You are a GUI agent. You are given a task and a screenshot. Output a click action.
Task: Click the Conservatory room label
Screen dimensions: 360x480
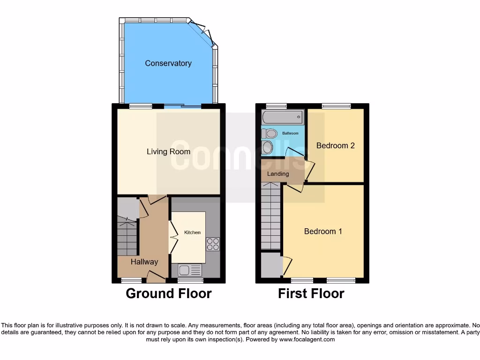(x=168, y=63)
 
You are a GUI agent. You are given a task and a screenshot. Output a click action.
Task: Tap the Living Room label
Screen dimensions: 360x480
(x=168, y=151)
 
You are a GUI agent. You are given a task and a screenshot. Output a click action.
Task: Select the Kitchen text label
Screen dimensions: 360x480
(x=192, y=232)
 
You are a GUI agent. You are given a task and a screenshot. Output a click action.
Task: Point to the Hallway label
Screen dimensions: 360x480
(x=144, y=262)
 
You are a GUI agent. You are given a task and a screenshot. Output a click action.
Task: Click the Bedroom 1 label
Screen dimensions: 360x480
(x=323, y=231)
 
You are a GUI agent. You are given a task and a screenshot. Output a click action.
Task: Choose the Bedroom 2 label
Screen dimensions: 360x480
(x=335, y=145)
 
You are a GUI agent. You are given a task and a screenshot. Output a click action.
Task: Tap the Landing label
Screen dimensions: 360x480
(x=278, y=174)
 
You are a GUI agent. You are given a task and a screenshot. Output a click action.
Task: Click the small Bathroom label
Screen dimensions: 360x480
(x=290, y=134)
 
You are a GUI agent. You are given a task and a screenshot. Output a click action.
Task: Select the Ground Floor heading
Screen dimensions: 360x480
(x=168, y=294)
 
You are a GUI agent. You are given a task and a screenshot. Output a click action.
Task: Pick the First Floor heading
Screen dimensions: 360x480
(x=311, y=294)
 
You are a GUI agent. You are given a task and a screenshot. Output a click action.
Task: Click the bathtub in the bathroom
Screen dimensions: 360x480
(x=283, y=117)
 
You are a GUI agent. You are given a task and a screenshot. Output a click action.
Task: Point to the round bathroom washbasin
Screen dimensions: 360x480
(x=268, y=148)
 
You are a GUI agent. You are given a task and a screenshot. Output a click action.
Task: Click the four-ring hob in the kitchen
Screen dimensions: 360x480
(x=212, y=244)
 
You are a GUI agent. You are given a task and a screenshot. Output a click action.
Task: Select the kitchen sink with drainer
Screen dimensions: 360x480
(x=190, y=270)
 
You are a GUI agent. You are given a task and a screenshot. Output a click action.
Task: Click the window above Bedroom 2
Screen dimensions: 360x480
(x=336, y=106)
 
